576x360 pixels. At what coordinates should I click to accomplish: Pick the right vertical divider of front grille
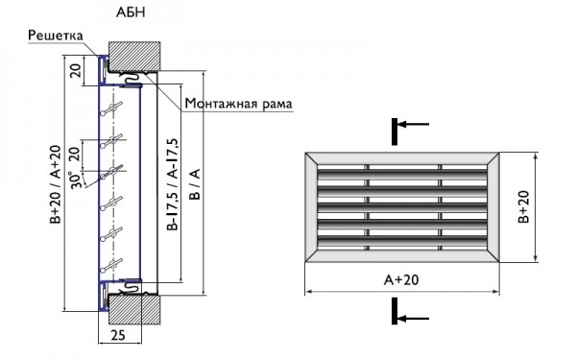click(x=441, y=205)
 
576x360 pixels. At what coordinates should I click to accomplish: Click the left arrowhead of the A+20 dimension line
click(x=308, y=291)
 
